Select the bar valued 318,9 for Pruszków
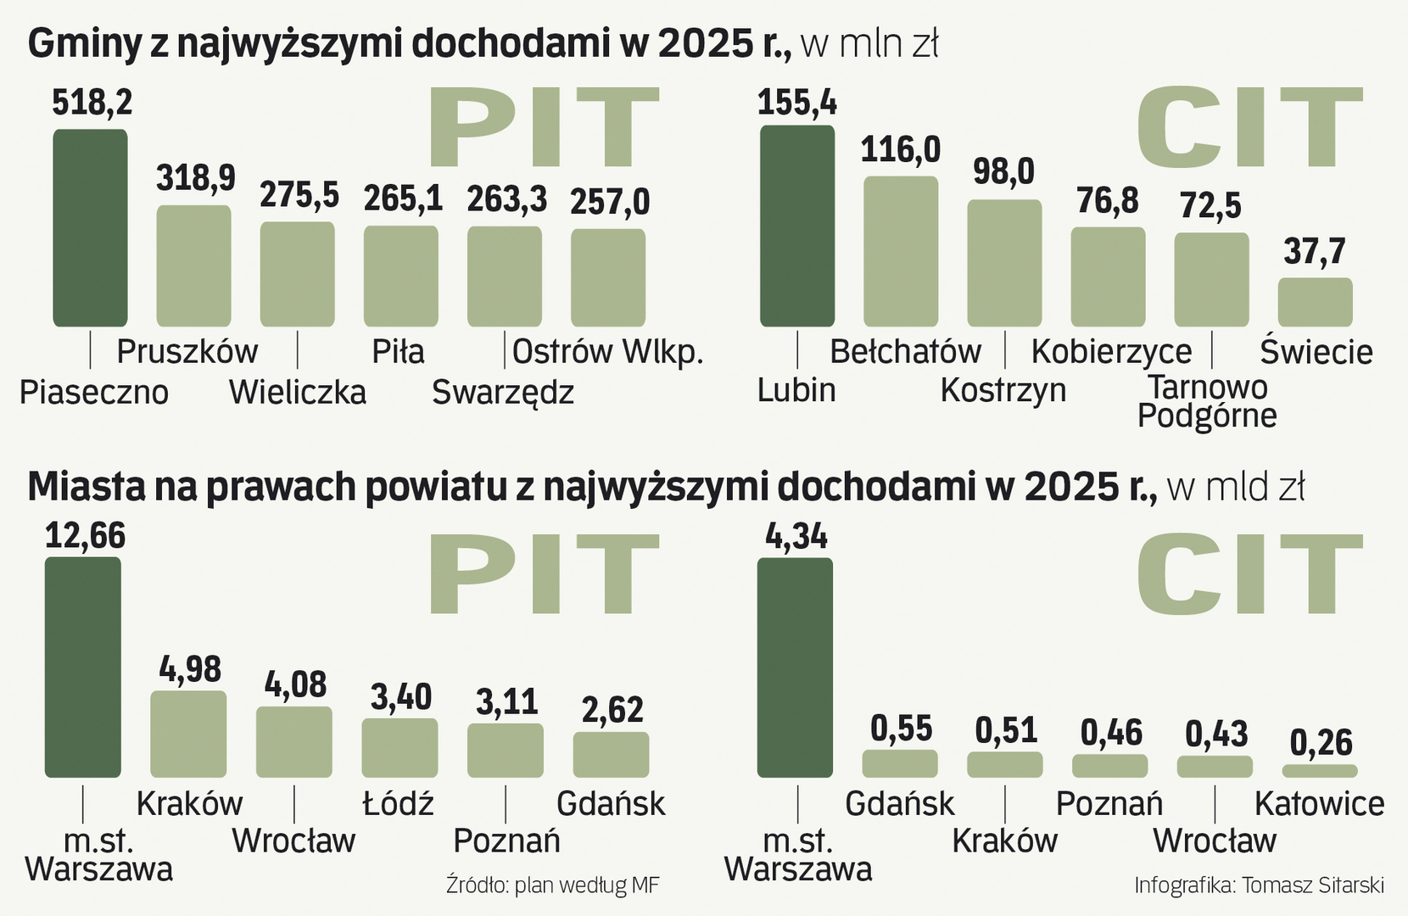click(194, 265)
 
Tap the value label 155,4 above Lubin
click(796, 103)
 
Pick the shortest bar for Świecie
click(1315, 302)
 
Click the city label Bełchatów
click(905, 351)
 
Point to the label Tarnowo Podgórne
click(1207, 401)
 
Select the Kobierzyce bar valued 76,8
click(1108, 276)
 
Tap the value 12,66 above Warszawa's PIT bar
click(85, 536)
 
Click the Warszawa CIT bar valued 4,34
click(795, 667)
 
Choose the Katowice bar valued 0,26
click(1320, 771)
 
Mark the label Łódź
click(398, 803)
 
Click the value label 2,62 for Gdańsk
click(612, 710)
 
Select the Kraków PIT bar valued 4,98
click(188, 734)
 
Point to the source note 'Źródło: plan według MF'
click(552, 885)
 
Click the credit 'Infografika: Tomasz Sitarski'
click(1259, 885)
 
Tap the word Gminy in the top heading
click(83, 44)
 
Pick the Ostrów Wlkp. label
click(608, 351)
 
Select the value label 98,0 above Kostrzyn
click(1003, 171)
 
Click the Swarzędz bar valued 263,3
click(505, 276)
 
